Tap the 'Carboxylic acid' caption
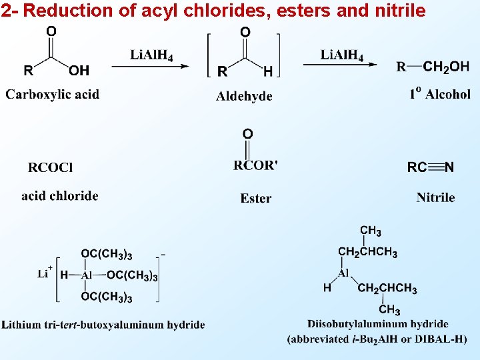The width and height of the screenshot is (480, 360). coord(53,94)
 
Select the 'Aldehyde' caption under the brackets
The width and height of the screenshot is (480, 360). coord(244,96)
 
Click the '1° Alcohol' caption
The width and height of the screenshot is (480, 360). coord(440,94)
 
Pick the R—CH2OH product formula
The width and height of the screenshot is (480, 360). coord(433,67)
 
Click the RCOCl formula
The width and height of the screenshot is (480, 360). coord(51,167)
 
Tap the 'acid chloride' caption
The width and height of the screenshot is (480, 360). coord(60,196)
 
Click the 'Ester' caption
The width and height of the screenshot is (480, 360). coord(256,198)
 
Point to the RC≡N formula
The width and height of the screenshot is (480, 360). coord(431,167)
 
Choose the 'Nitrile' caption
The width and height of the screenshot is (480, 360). coord(435,197)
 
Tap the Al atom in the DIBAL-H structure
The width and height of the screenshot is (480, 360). coord(343,273)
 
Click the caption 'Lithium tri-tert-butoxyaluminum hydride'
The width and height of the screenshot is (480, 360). coord(103,325)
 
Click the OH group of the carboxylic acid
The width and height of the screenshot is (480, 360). coord(79,70)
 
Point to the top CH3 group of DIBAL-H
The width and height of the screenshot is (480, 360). coord(371,231)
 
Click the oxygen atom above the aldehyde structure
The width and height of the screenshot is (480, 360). coord(245,31)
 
